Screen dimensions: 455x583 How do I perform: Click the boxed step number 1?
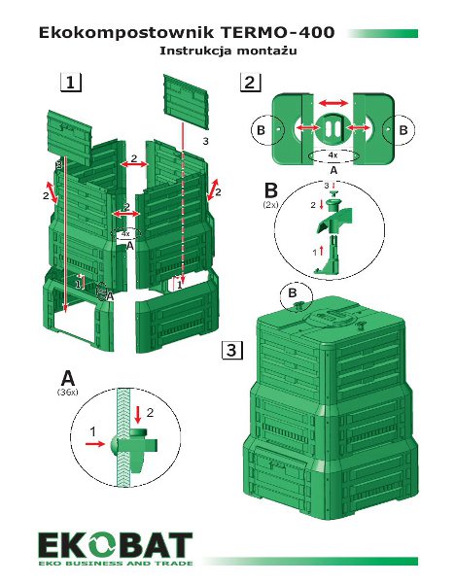(x=71, y=83)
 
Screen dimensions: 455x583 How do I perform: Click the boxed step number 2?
(x=250, y=83)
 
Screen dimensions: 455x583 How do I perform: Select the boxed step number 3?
(x=232, y=350)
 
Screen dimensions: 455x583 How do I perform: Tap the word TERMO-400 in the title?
(x=278, y=33)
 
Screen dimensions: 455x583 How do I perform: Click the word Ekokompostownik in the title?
(x=126, y=33)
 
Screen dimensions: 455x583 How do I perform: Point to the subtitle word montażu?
(x=266, y=51)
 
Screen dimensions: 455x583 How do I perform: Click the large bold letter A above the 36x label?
(x=68, y=378)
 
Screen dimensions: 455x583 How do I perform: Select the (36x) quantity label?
(x=68, y=393)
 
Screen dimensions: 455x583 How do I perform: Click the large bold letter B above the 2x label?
(x=270, y=190)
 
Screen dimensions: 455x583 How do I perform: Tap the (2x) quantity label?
(x=270, y=204)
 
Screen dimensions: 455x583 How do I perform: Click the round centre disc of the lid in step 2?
(x=332, y=128)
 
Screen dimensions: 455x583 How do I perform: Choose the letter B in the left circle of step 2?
(x=261, y=130)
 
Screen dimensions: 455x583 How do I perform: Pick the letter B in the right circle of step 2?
(x=403, y=130)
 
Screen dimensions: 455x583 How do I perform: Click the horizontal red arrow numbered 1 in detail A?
(x=95, y=444)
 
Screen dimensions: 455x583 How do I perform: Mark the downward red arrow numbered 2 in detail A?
(x=138, y=415)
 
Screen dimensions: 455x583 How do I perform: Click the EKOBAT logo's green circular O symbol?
(x=100, y=546)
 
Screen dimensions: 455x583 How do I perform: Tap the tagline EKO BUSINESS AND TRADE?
(x=116, y=563)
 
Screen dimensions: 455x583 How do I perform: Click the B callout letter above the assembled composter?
(x=293, y=293)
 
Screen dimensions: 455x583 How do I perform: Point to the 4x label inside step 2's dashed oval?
(x=332, y=155)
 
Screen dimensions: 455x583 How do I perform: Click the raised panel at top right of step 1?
(x=186, y=100)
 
